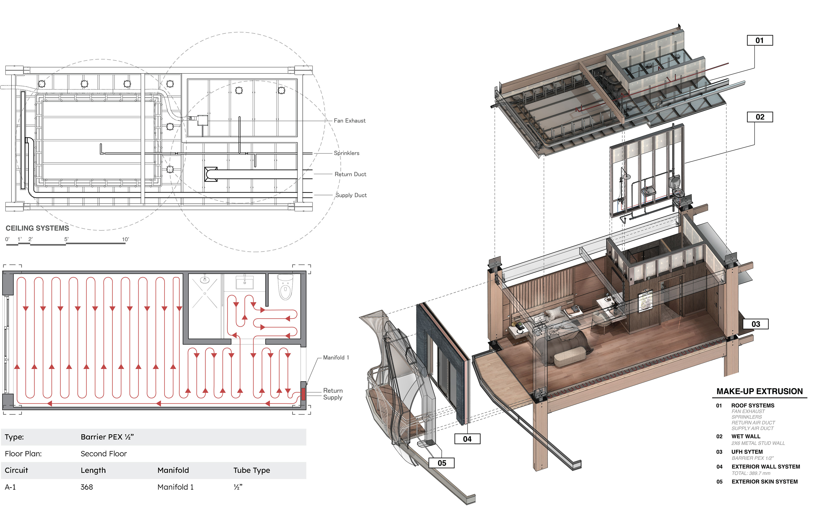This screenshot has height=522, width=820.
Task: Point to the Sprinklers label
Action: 346,153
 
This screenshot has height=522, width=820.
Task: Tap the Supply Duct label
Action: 351,195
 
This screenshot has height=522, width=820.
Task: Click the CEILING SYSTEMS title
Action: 37,228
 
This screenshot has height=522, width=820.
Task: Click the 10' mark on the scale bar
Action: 126,239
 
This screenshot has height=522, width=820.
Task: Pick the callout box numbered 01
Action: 760,40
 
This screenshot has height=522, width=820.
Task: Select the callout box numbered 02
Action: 760,117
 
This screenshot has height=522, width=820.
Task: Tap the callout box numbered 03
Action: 756,324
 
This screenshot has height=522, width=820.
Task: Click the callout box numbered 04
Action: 467,439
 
